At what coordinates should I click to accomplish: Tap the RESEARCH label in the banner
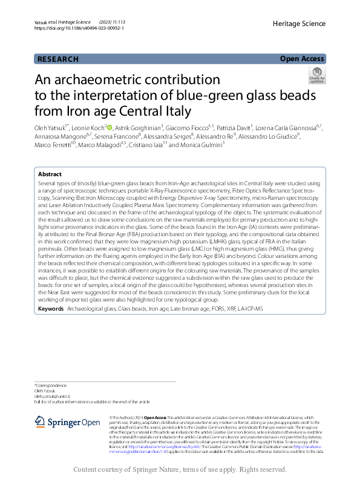tap(58, 59)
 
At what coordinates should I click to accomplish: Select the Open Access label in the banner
tap(302, 59)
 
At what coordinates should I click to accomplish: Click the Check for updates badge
tap(316, 75)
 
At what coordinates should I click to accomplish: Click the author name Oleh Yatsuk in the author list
tap(52, 127)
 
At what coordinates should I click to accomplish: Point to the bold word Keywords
tap(51, 309)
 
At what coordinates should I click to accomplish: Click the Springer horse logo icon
tap(41, 421)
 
